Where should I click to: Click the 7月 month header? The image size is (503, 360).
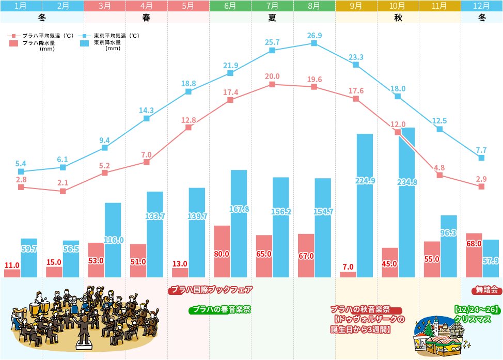pos(272,6)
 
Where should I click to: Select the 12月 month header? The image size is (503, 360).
pos(481,6)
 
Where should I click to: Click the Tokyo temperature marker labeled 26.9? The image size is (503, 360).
pos(314,43)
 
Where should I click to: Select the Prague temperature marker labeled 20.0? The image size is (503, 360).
pos(272,84)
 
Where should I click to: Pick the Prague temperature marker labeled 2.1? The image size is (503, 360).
pos(63,191)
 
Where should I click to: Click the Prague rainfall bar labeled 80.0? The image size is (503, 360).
pos(222,252)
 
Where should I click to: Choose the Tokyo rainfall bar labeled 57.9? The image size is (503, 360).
pos(491,258)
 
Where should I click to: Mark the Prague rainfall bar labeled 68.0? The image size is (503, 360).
pos(474,255)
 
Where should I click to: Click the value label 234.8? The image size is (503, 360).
pos(407,182)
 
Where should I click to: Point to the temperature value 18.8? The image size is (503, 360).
pos(188,84)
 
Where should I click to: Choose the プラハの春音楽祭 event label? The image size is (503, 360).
pos(221,310)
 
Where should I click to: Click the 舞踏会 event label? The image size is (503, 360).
pos(486,290)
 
